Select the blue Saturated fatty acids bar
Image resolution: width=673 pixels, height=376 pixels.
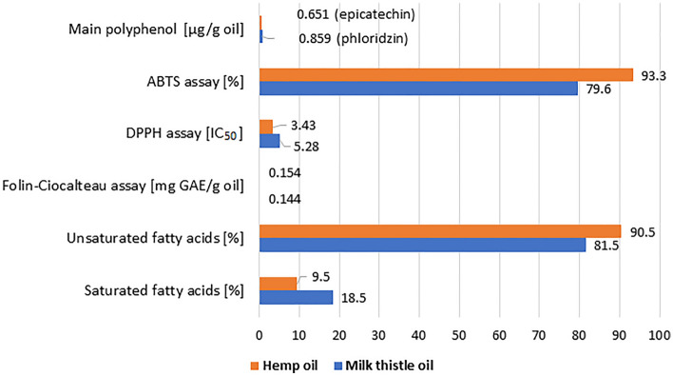296,297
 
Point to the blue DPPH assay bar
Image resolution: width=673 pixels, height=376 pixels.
269,141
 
